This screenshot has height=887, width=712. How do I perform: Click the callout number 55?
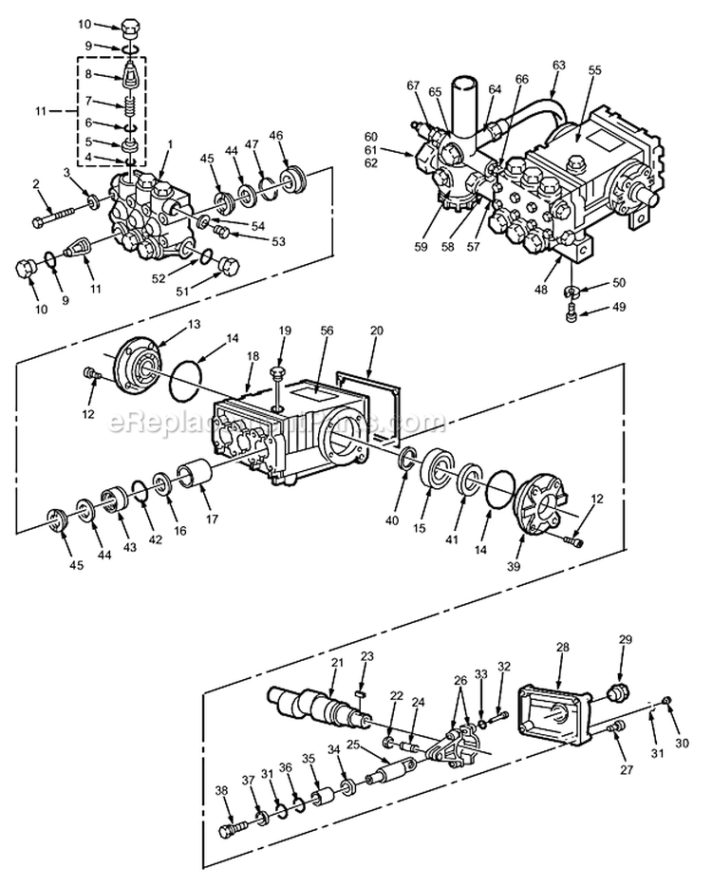594,70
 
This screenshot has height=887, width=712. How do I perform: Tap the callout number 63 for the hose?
558,65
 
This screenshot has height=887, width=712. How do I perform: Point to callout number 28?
562,647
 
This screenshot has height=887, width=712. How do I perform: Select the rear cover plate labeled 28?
554,708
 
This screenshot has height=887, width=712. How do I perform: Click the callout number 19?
284,330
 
